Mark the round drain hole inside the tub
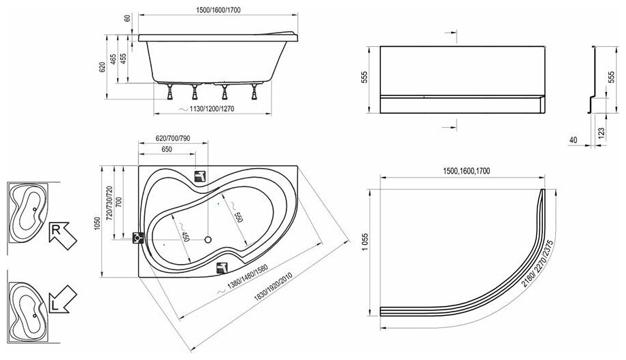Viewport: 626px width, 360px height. (x=210, y=239)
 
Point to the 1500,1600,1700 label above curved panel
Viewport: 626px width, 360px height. (x=468, y=173)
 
